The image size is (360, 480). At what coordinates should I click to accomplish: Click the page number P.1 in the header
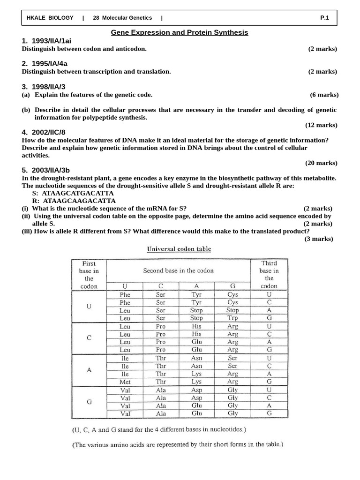325,18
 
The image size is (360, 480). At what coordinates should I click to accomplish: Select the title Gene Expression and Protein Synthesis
180,32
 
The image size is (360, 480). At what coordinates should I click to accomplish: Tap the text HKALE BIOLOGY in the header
50,18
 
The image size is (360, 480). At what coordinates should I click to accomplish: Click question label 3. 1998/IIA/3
44,87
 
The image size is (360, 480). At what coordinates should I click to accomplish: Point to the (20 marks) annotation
321,163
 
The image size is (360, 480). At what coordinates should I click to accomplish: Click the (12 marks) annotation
321,125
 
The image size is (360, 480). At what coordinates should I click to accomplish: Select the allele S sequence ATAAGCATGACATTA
77,193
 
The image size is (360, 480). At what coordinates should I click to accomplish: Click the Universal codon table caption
179,249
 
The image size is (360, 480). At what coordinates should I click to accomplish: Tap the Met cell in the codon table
125,382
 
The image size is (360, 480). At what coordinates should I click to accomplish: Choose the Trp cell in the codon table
232,318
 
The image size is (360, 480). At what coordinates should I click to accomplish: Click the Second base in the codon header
178,270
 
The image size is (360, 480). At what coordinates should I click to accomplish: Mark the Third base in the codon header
269,275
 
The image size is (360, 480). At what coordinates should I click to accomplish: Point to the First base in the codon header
89,275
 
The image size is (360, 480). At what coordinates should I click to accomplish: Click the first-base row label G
89,401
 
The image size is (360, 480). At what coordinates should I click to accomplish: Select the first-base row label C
89,337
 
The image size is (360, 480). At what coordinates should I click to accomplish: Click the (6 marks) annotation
324,95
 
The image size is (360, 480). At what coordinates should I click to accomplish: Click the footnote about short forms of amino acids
178,445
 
